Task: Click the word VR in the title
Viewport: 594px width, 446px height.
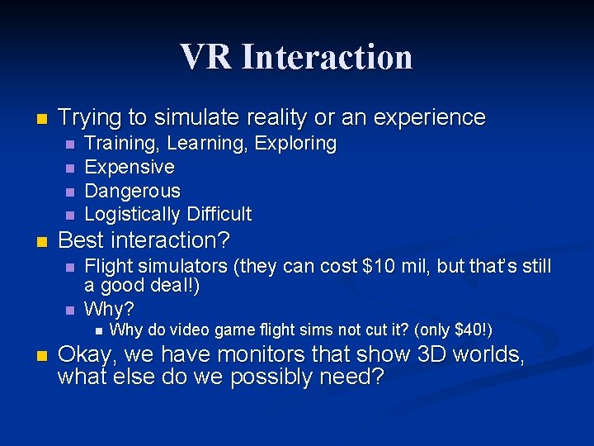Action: tap(207, 57)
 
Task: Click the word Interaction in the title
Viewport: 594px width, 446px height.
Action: tap(328, 57)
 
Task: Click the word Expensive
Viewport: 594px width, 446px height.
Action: tap(130, 167)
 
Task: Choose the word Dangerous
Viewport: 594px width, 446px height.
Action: tap(132, 191)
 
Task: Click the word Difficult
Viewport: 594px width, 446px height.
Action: tap(219, 215)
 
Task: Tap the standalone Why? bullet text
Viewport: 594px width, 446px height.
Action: tap(109, 310)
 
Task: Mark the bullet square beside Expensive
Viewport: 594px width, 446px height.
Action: tap(69, 168)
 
